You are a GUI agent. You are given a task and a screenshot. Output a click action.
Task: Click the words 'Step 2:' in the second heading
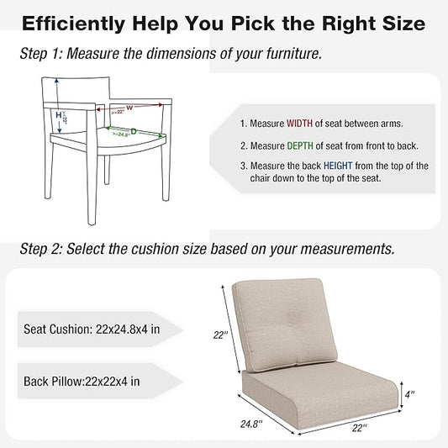41,249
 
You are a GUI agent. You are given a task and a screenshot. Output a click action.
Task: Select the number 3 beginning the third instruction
243,165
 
